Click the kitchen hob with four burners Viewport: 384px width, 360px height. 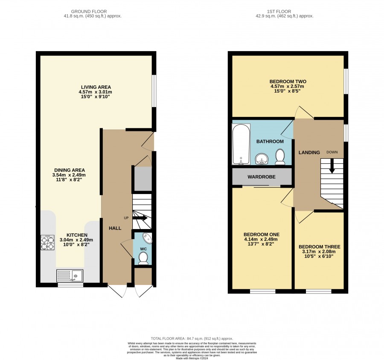[47, 242]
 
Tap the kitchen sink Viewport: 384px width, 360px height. [70, 276]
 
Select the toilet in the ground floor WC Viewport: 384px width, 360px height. [143, 258]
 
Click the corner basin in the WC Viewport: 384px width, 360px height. [148, 238]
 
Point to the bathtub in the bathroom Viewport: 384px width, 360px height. [241, 144]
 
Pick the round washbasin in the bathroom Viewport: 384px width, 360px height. [262, 159]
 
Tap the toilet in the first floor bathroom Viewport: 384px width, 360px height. [280, 157]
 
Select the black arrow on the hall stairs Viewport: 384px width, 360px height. [140, 218]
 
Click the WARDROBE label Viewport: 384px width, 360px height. [261, 177]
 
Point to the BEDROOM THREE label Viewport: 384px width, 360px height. [319, 247]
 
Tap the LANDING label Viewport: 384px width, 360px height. [309, 152]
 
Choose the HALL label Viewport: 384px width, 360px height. [115, 228]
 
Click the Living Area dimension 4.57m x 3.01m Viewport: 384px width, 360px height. [95, 92]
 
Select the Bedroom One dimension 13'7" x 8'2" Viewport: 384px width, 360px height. [262, 244]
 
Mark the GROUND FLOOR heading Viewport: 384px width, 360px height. [89, 12]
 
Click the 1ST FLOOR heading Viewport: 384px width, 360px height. [279, 12]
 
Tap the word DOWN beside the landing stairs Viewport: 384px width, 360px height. [332, 152]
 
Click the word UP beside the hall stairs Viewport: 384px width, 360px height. [126, 218]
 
